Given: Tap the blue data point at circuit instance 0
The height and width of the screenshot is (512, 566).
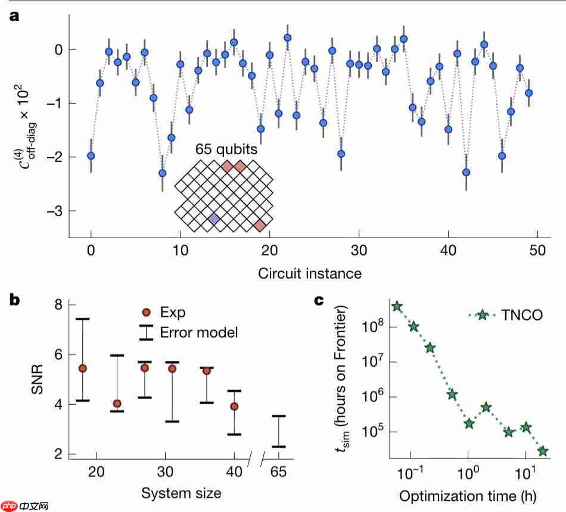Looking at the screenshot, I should click(x=91, y=155).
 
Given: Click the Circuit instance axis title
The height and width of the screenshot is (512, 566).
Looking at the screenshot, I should click(x=310, y=274).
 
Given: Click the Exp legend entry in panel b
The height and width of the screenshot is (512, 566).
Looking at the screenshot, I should click(x=173, y=313).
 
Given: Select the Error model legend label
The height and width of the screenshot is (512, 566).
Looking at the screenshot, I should click(x=199, y=332).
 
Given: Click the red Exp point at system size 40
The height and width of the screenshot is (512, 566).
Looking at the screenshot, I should click(x=234, y=407).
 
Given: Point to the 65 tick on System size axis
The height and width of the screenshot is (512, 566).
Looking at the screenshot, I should click(x=278, y=472).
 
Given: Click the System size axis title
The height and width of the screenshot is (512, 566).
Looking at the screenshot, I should click(x=181, y=493).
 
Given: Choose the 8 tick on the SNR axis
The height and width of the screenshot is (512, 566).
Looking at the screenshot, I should click(x=57, y=305).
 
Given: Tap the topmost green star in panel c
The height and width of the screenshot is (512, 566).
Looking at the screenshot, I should click(x=397, y=306).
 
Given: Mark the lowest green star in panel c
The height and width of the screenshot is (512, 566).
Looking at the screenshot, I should click(x=543, y=451).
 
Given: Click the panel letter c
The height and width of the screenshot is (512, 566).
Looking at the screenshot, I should click(x=319, y=300).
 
